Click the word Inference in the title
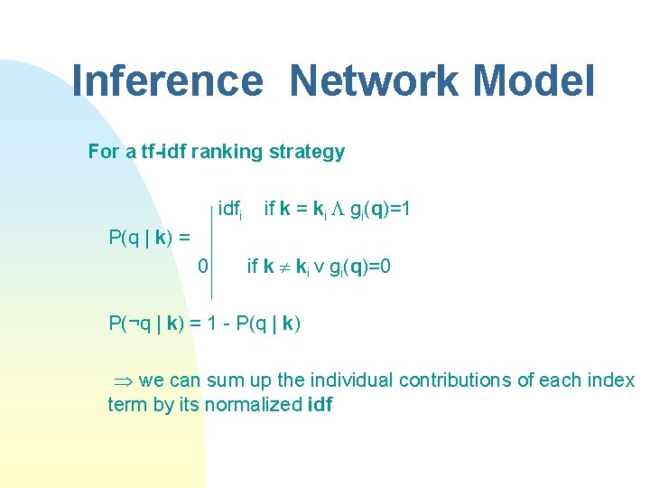click(x=167, y=80)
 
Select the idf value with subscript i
click(x=229, y=211)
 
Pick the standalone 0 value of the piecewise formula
click(x=203, y=266)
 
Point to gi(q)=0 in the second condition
click(x=358, y=267)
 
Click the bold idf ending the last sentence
click(x=320, y=404)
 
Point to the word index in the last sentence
click(x=613, y=380)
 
